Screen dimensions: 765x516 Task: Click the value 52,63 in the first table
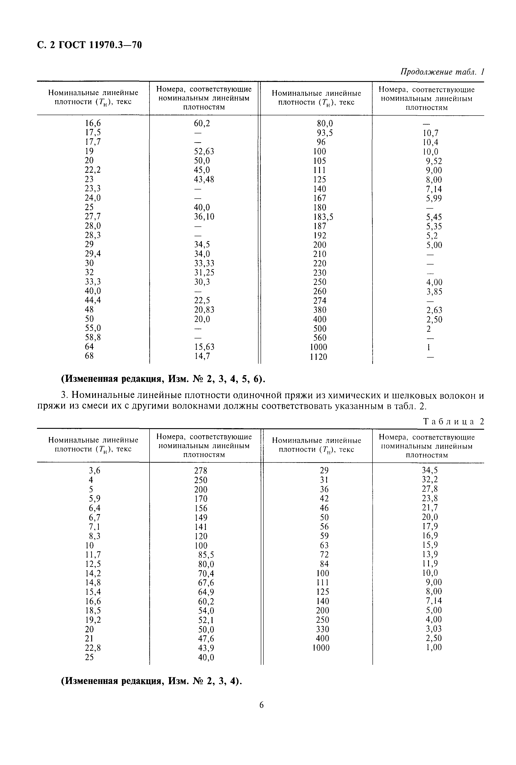(204, 151)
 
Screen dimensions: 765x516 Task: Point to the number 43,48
(204, 179)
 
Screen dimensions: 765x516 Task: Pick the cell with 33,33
(204, 263)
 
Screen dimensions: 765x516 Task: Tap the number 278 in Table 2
(200, 471)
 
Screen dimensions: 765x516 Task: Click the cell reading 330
(322, 629)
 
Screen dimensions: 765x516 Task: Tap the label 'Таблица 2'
(453, 422)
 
